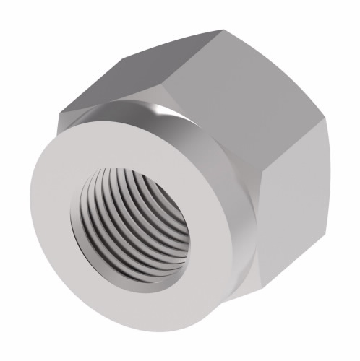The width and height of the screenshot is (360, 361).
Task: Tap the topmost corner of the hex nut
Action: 220,30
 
